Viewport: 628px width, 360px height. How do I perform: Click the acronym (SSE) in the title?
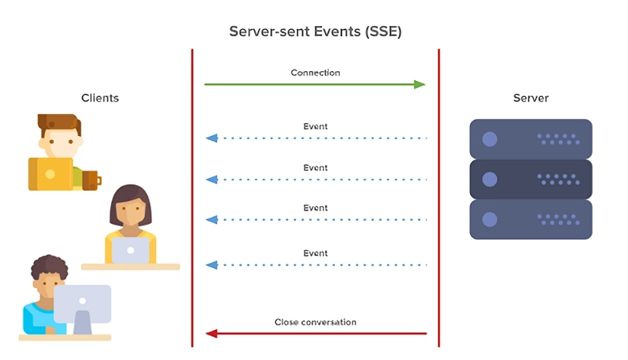click(380, 32)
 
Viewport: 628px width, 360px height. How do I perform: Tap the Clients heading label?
click(100, 98)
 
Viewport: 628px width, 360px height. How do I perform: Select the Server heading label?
click(530, 98)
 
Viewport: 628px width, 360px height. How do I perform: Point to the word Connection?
click(316, 73)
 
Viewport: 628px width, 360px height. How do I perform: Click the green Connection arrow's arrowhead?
click(420, 84)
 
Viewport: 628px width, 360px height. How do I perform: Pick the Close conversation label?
click(316, 322)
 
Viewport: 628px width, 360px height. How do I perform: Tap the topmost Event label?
click(316, 126)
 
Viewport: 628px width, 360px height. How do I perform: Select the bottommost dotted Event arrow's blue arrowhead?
click(212, 265)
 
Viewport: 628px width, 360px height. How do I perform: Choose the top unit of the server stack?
click(531, 138)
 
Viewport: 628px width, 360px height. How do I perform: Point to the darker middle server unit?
click(531, 179)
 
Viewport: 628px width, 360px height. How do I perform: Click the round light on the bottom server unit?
click(490, 219)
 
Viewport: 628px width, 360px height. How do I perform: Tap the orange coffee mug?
click(91, 179)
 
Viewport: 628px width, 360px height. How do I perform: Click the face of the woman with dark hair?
click(129, 213)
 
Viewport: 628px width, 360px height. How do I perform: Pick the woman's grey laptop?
click(130, 250)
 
